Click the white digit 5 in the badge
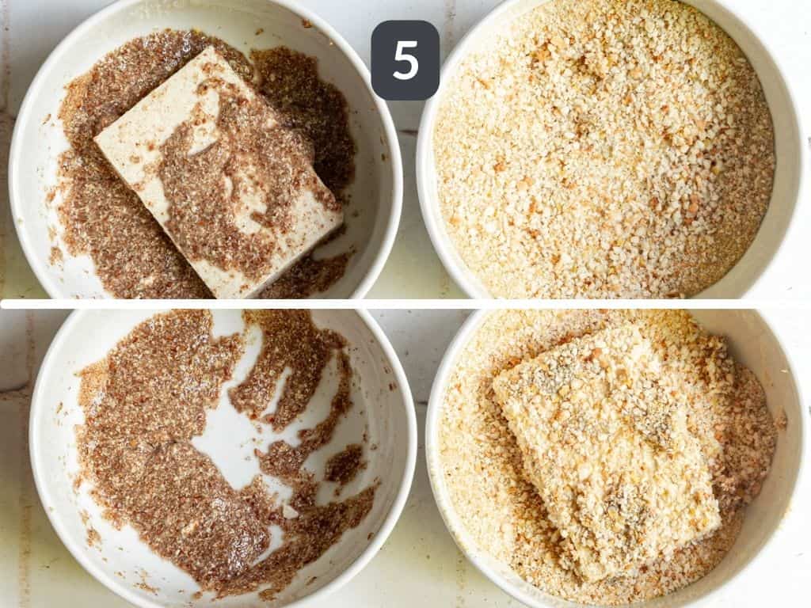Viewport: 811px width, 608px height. pyautogui.click(x=405, y=60)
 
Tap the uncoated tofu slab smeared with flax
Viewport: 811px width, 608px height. pyautogui.click(x=218, y=170)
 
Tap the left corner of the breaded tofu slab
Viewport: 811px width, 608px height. pyautogui.click(x=495, y=384)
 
